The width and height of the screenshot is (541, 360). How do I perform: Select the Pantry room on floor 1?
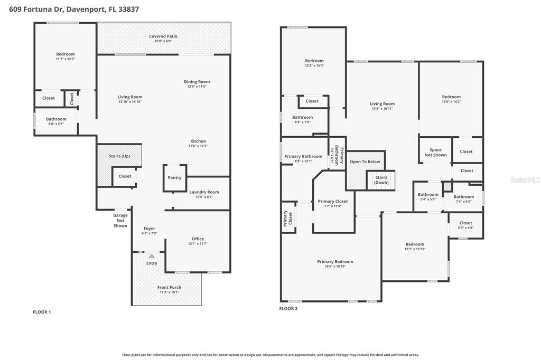pyautogui.click(x=174, y=178)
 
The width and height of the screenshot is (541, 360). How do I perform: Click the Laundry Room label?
pyautogui.click(x=204, y=192)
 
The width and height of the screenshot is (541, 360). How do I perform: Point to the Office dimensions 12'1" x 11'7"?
pyautogui.click(x=198, y=243)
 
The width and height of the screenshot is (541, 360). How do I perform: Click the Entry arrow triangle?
pyautogui.click(x=152, y=256)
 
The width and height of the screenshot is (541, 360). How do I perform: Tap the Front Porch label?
pyautogui.click(x=169, y=287)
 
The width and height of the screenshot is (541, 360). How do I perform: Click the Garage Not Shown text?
pyautogui.click(x=120, y=220)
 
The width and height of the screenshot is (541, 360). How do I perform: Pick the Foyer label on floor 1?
pyautogui.click(x=148, y=229)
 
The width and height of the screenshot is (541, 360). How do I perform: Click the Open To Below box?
pyautogui.click(x=365, y=162)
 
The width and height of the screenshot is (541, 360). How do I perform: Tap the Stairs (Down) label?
pyautogui.click(x=381, y=180)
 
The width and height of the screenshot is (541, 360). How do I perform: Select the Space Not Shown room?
pyautogui.click(x=435, y=152)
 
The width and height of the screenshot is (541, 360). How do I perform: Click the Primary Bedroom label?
pyautogui.click(x=335, y=261)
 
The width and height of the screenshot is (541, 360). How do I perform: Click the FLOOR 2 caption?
pyautogui.click(x=288, y=308)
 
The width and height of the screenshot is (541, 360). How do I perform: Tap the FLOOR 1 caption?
pyautogui.click(x=42, y=312)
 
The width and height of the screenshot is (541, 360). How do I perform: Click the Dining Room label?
pyautogui.click(x=197, y=82)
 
